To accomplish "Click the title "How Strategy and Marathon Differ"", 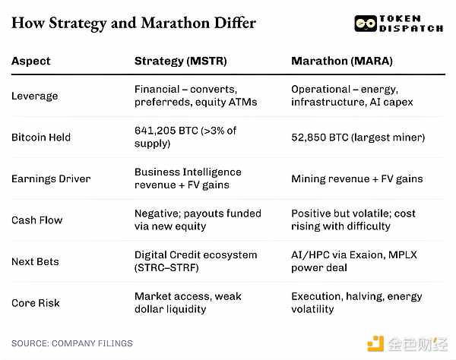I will [134, 23].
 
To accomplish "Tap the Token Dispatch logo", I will [399, 23].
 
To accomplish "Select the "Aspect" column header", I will [30, 61].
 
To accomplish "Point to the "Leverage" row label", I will [34, 96].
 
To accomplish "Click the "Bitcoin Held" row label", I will [41, 137].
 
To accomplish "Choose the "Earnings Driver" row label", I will [51, 178].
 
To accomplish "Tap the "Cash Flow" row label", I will [37, 220].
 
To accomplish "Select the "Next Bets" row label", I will [35, 261].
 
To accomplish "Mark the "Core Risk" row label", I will [35, 303].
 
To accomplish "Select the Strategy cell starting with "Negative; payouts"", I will [198, 220].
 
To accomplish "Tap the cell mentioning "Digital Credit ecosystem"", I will [195, 261].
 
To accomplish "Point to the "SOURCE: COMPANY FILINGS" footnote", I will [72, 343].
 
